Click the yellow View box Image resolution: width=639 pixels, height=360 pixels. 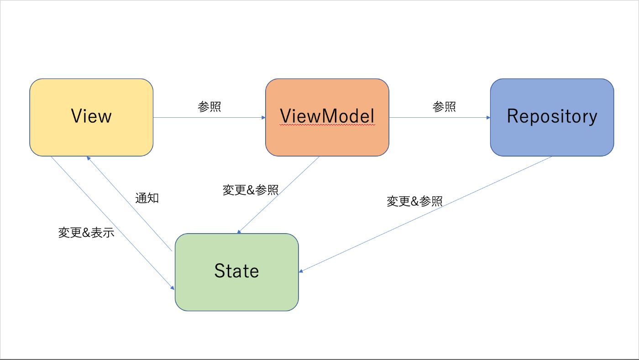coord(91,117)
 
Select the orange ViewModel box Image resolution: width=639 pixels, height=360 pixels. coord(327,117)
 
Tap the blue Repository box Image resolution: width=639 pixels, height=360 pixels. coord(552,117)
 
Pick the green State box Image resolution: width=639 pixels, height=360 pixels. coord(237,272)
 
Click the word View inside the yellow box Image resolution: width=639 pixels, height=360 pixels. coord(91,116)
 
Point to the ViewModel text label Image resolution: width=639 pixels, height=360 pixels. coord(327,116)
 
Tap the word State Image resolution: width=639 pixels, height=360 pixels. coord(237,271)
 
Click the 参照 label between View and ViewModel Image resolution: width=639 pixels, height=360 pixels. coord(210,107)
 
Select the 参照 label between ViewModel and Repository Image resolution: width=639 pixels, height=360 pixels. coord(444,107)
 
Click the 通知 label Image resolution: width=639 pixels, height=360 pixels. coord(147,198)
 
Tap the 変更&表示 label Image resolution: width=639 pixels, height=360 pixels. coord(86,233)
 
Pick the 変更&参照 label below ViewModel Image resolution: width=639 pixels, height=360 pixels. coord(251,190)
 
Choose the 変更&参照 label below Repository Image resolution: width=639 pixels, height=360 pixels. coord(414,201)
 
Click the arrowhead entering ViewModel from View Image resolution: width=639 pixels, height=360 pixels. coord(264,118)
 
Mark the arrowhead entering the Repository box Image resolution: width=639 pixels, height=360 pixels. coord(488,118)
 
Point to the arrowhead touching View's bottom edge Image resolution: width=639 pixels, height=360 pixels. coord(89,158)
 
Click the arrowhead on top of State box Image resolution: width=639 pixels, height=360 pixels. coord(239,232)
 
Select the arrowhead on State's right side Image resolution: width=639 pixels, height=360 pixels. coord(301,271)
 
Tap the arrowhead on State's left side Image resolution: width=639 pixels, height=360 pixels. coord(173,288)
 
